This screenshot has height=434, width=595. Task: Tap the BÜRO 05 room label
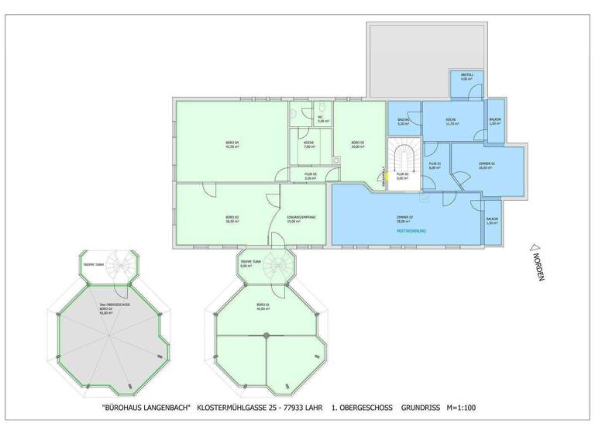[x=356, y=144]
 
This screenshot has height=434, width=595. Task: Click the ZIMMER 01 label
[x=486, y=165]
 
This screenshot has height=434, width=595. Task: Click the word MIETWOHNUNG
[x=412, y=231]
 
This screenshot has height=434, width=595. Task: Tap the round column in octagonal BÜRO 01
[x=267, y=334]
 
